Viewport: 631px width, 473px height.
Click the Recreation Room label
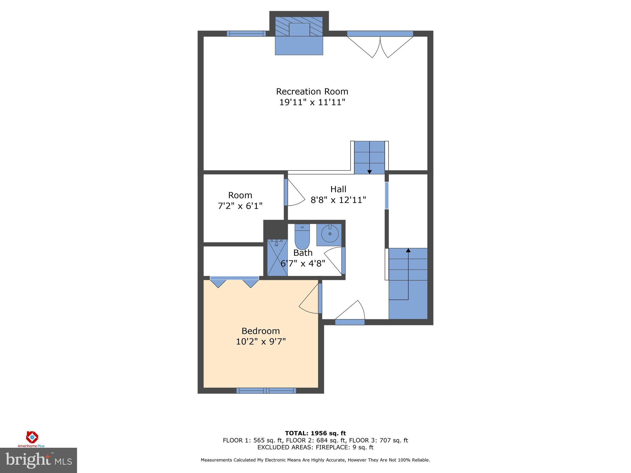(312, 91)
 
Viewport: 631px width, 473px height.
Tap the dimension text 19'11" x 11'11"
(312, 102)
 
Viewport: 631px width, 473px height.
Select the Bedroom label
(261, 331)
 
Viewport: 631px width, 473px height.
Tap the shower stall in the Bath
(277, 257)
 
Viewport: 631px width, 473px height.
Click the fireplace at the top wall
(299, 34)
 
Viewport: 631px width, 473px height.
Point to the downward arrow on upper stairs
(369, 172)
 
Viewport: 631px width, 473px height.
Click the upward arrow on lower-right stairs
(408, 250)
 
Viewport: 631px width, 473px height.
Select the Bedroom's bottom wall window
(266, 390)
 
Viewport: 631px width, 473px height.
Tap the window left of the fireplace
(246, 34)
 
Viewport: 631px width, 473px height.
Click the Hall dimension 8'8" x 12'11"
(338, 200)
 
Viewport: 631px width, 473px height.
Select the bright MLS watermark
(39, 460)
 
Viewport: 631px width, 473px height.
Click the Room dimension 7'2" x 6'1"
(240, 206)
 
